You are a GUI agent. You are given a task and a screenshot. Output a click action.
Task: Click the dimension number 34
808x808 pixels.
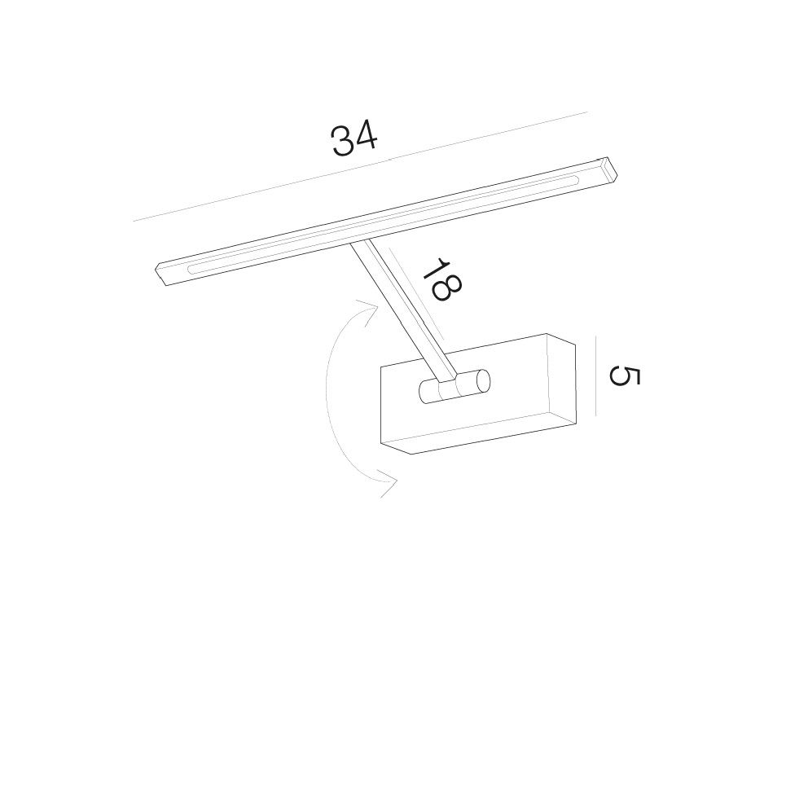click(x=354, y=139)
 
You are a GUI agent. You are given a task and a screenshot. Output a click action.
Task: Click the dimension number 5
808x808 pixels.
click(x=624, y=375)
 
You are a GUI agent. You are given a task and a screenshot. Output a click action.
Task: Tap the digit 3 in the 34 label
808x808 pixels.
click(x=342, y=142)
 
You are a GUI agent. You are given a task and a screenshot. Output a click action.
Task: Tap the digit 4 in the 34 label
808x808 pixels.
click(x=367, y=137)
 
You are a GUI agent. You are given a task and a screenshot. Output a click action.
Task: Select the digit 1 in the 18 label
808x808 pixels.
click(x=433, y=267)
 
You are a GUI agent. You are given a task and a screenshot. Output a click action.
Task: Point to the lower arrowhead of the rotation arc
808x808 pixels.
click(x=388, y=483)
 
